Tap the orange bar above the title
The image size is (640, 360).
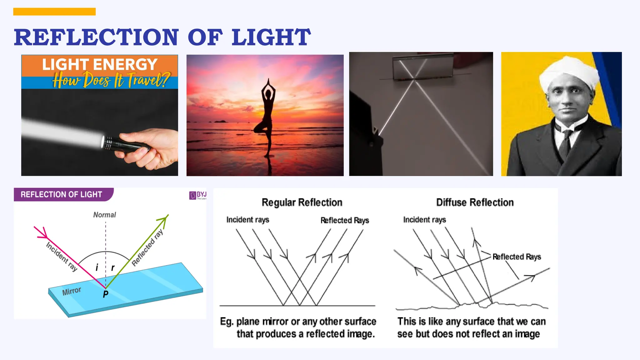tap(54, 12)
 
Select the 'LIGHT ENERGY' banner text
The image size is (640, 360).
tap(100, 65)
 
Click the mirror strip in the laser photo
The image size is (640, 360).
tap(423, 67)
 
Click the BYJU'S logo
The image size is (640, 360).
tap(197, 195)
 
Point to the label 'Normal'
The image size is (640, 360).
tap(104, 215)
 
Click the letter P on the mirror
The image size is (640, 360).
tap(106, 294)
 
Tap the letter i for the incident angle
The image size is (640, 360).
tap(97, 267)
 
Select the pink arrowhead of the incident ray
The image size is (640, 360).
tap(42, 233)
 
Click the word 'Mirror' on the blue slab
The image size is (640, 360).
tap(72, 291)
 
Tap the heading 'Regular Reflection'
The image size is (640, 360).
tap(302, 202)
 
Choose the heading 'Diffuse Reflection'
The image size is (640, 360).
tap(475, 202)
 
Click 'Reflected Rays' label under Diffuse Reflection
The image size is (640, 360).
tap(517, 257)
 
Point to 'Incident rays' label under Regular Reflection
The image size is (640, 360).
tap(247, 220)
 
